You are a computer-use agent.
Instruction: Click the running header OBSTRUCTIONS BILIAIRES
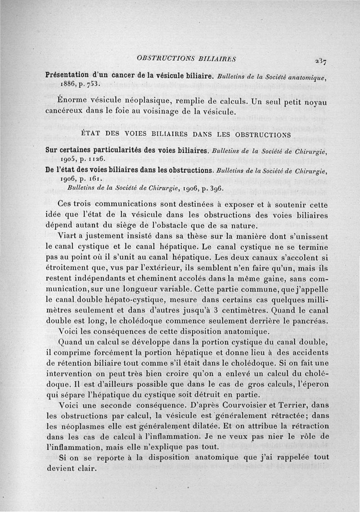[x=187, y=58]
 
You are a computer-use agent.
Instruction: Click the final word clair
[x=88, y=468]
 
